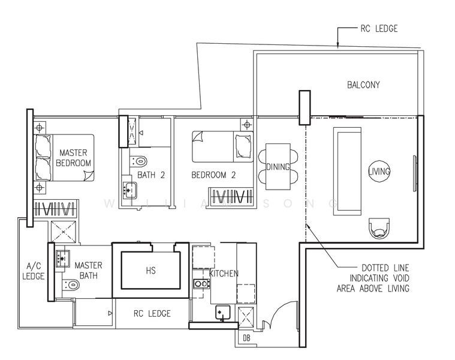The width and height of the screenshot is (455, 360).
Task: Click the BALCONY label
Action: (x=363, y=85)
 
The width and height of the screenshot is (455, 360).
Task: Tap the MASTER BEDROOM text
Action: (x=73, y=158)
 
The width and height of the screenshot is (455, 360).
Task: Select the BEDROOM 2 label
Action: (x=213, y=175)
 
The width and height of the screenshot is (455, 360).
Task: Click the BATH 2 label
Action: (x=151, y=175)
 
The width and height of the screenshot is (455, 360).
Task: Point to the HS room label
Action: (x=151, y=271)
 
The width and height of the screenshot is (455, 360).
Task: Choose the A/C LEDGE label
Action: (x=34, y=271)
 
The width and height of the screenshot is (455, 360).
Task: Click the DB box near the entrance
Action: (x=246, y=338)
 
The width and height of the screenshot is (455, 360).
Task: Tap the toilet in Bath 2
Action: (x=138, y=161)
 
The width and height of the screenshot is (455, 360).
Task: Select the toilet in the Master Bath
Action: (x=71, y=285)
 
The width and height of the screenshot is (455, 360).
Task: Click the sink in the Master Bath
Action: (x=63, y=258)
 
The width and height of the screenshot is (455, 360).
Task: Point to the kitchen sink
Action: (x=222, y=312)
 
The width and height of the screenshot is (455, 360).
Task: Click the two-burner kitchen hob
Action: (x=201, y=283)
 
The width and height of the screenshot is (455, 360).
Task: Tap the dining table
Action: (x=278, y=167)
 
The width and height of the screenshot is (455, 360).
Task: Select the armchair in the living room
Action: (x=379, y=228)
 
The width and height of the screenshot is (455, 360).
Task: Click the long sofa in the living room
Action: (x=347, y=171)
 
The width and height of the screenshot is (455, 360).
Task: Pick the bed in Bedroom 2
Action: (x=222, y=146)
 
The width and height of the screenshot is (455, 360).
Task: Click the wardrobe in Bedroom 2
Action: (x=231, y=196)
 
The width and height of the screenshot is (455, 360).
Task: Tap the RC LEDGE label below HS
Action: (x=152, y=314)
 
